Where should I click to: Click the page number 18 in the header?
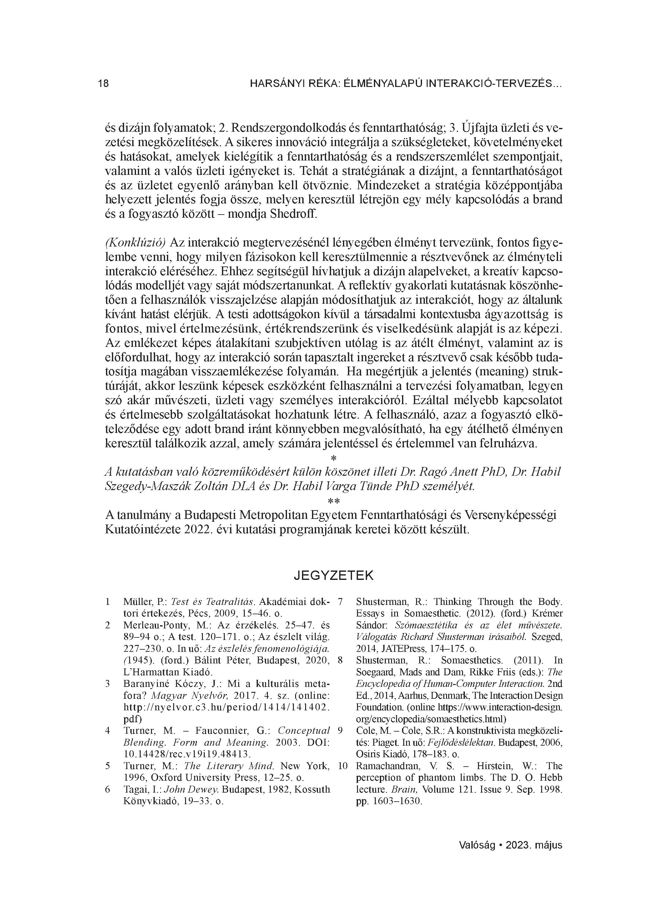tap(103, 84)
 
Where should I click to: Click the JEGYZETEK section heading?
tap(334, 576)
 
